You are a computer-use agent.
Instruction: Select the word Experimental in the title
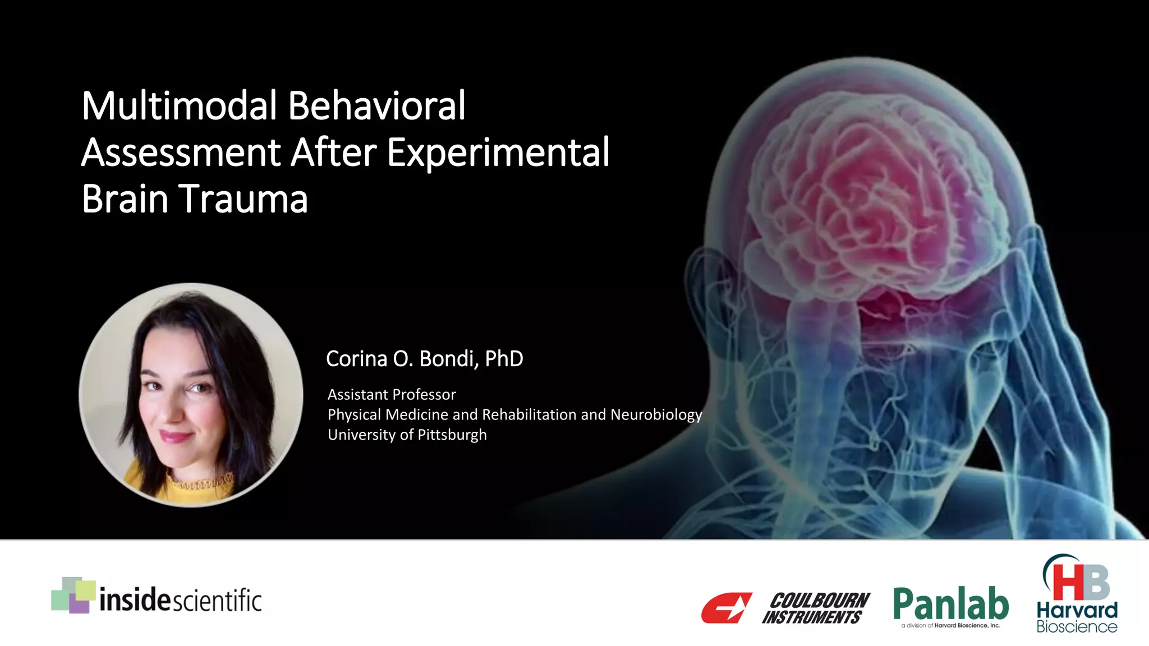click(498, 153)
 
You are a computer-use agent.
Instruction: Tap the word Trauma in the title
click(244, 199)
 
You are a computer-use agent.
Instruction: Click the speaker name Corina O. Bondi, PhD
click(424, 359)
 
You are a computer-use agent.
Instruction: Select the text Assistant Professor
click(392, 395)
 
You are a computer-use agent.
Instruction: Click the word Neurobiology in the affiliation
click(656, 415)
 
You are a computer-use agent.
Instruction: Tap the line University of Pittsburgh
click(407, 435)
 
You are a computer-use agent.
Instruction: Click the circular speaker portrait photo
click(191, 395)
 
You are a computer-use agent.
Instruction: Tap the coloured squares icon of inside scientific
click(73, 595)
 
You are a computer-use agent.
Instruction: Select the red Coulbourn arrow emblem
click(727, 608)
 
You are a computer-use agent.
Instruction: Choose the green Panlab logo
click(951, 605)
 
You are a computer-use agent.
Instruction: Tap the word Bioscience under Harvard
click(1077, 626)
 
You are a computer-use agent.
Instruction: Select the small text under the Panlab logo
click(950, 626)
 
